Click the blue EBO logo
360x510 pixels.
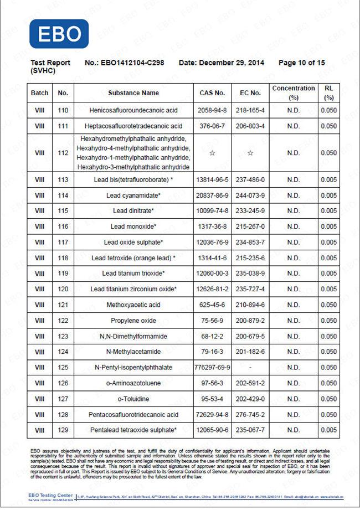tap(59, 34)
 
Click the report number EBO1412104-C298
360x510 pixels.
tap(132, 63)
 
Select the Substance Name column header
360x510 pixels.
tap(133, 93)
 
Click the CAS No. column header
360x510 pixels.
tap(212, 93)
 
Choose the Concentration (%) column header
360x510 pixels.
tap(293, 93)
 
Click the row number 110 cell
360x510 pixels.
tap(63, 110)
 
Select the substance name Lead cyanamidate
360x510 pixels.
tap(133, 195)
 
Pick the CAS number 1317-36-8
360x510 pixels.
tap(212, 226)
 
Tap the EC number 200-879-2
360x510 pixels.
tap(250, 321)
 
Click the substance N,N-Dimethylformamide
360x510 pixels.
tap(133, 336)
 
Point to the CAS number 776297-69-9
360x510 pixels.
tap(212, 367)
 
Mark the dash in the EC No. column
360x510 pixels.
tap(250, 367)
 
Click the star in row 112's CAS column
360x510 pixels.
tap(212, 153)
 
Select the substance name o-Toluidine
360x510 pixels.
tap(133, 399)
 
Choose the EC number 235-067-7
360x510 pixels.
tap(250, 430)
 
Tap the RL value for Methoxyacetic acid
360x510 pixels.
tap(328, 305)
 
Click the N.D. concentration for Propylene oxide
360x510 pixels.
tap(293, 321)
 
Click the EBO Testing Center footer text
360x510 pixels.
tap(50, 494)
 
